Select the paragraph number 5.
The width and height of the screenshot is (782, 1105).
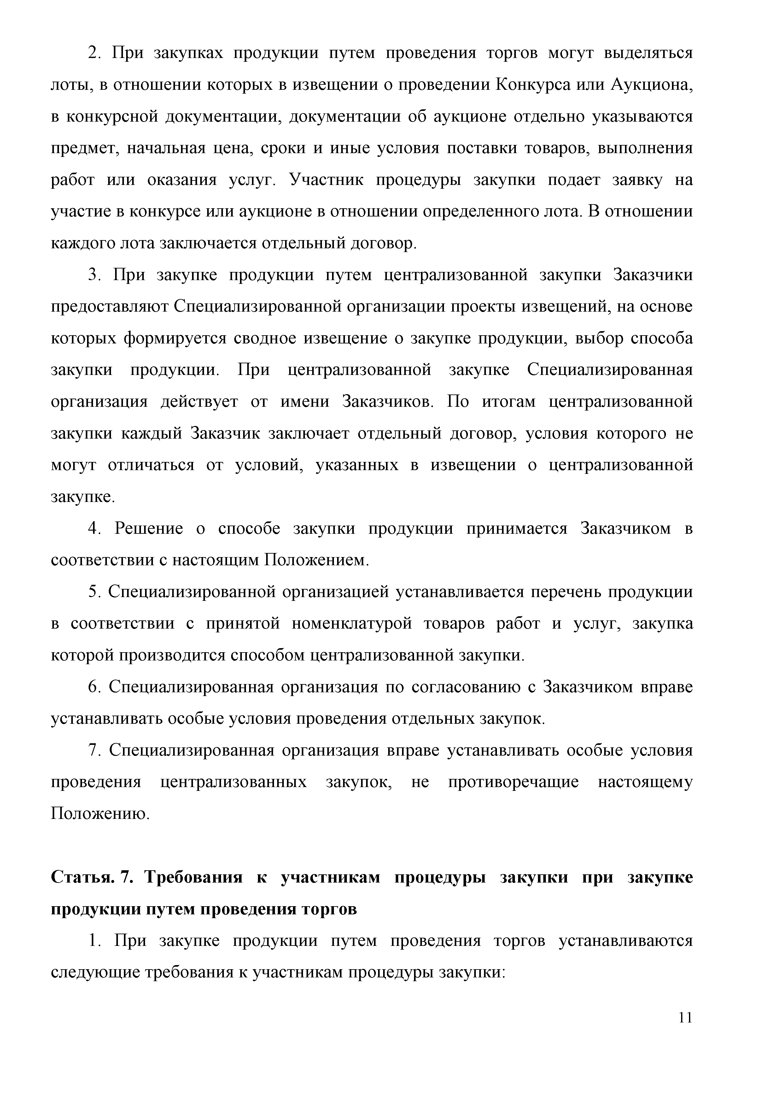pyautogui.click(x=93, y=592)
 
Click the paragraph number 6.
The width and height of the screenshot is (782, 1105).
pyautogui.click(x=93, y=687)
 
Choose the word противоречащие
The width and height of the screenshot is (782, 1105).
pyautogui.click(x=513, y=782)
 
